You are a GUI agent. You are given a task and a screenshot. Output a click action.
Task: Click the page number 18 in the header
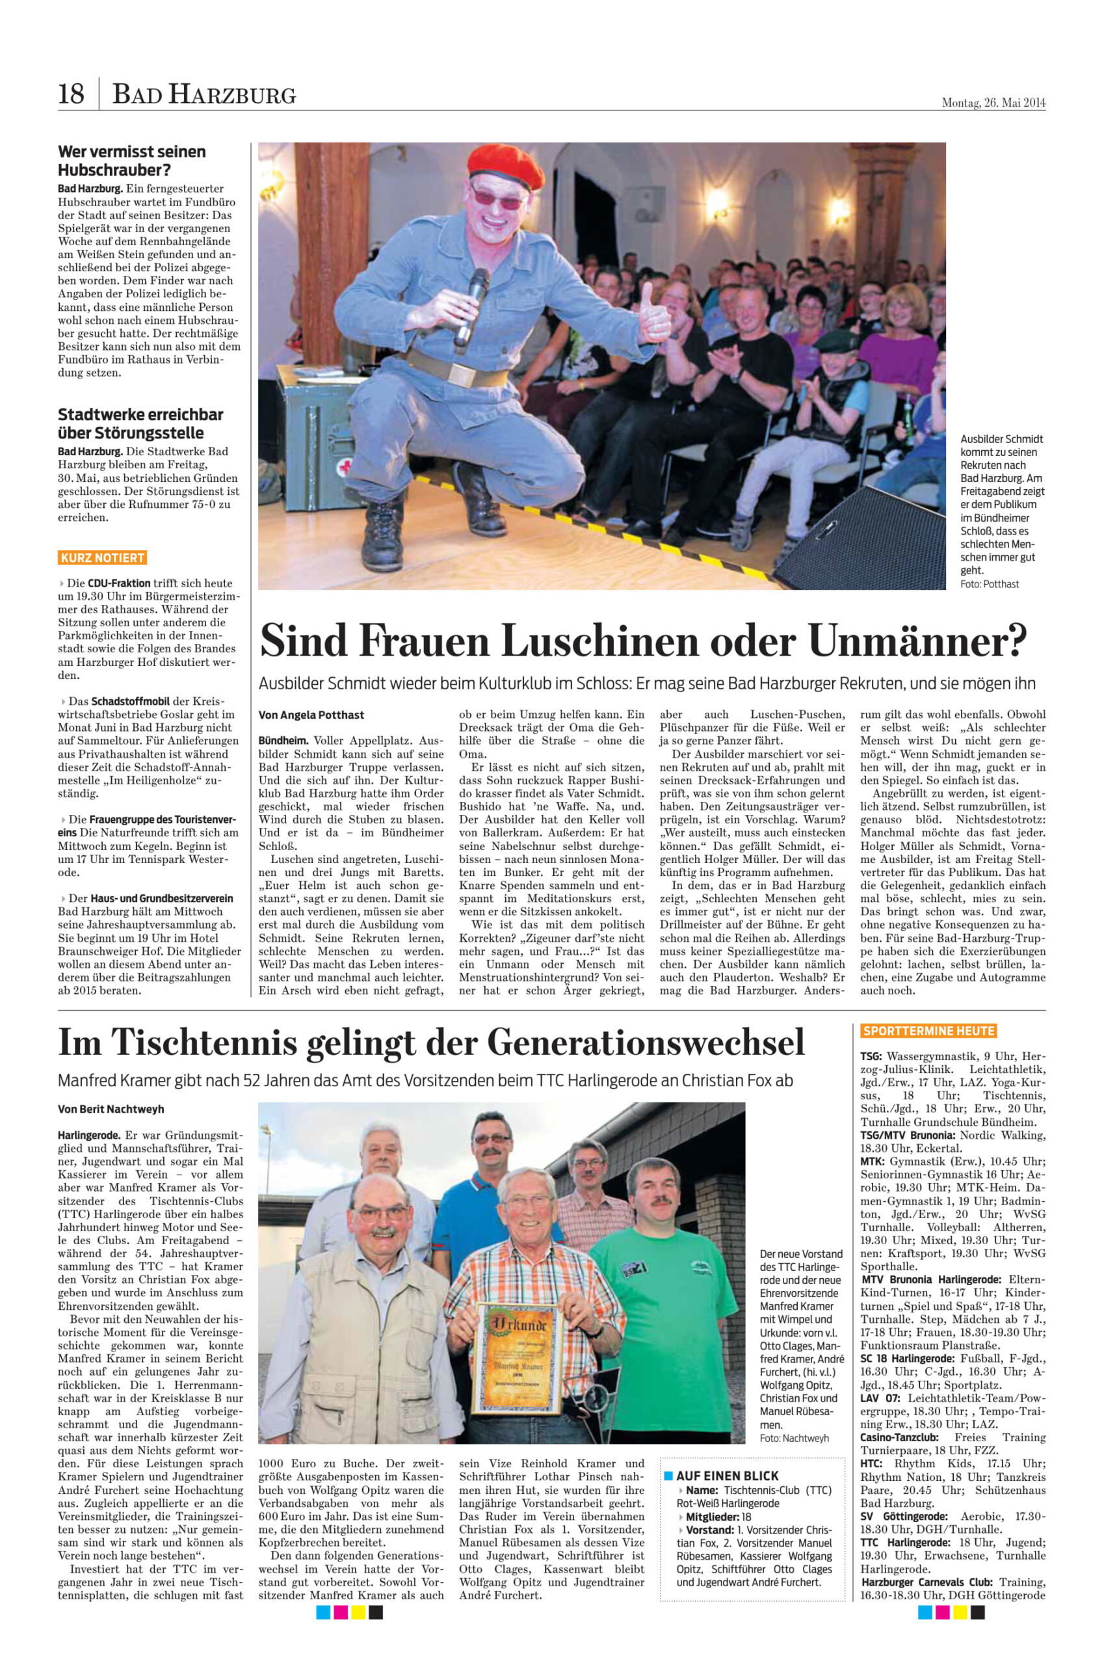pos(71,93)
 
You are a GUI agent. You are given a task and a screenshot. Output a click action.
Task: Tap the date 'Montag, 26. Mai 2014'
pos(993,103)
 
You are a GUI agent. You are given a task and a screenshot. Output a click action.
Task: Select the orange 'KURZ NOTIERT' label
pos(103,558)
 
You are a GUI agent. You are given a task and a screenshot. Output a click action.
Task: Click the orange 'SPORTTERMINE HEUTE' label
pos(928,1031)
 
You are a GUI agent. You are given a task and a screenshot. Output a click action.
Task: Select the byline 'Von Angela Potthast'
pos(311,715)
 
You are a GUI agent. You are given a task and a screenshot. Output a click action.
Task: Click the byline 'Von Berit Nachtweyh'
pos(111,1110)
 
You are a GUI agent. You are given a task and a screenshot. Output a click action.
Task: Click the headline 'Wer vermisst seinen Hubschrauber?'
pos(132,161)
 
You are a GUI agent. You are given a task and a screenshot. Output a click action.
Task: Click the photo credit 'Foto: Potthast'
pos(989,584)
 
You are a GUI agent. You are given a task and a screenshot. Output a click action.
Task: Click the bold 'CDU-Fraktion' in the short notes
pos(119,583)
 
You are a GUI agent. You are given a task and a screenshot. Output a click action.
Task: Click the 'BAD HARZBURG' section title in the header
pos(204,94)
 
